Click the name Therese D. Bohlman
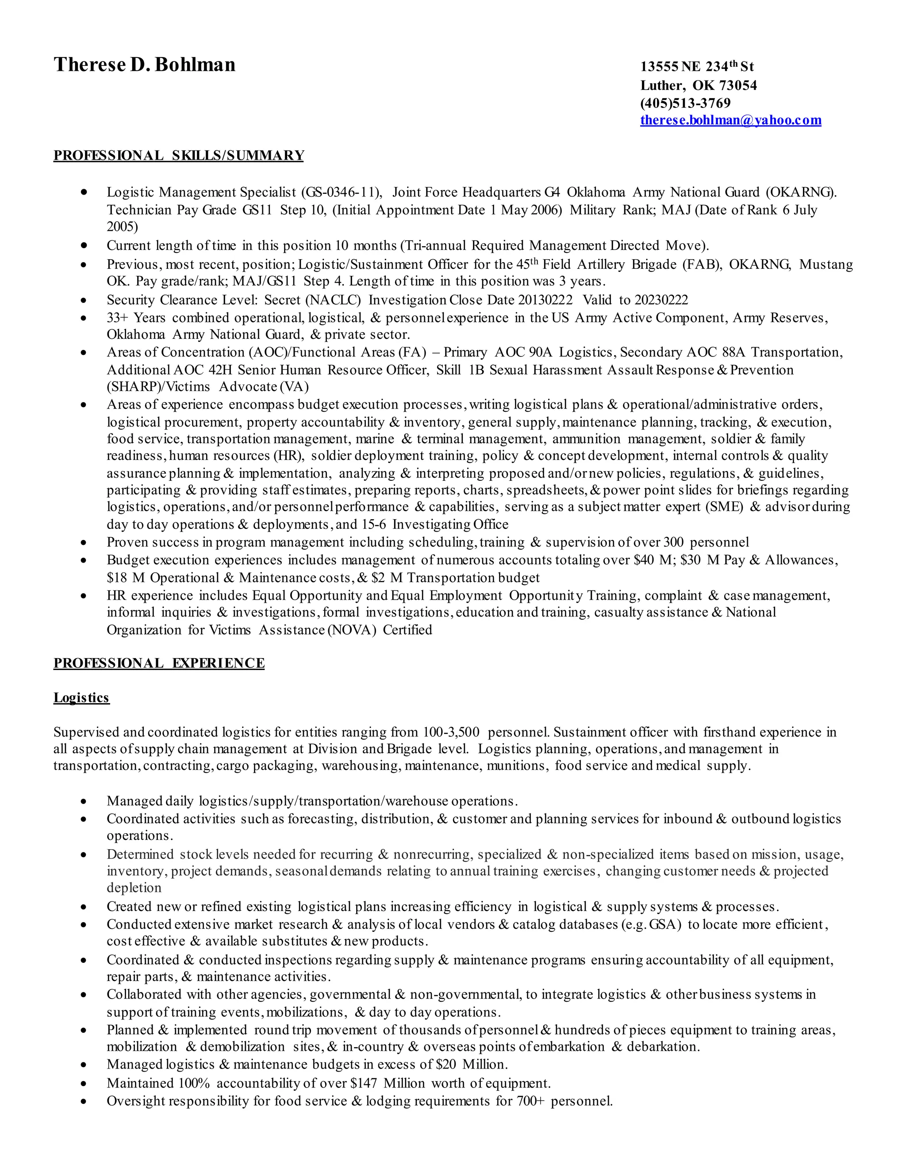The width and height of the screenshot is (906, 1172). [144, 65]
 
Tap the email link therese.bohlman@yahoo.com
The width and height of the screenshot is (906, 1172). [730, 120]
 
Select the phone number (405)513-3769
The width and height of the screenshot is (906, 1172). [685, 103]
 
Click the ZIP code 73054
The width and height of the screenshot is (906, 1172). [738, 85]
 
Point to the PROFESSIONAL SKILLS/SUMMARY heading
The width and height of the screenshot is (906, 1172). [179, 156]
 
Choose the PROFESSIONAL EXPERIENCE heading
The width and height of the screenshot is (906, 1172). [159, 663]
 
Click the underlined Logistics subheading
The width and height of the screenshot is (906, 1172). [81, 697]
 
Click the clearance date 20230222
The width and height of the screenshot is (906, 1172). [661, 300]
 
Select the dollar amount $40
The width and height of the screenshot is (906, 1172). [645, 560]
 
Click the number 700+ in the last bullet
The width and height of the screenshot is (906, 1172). [531, 1101]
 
